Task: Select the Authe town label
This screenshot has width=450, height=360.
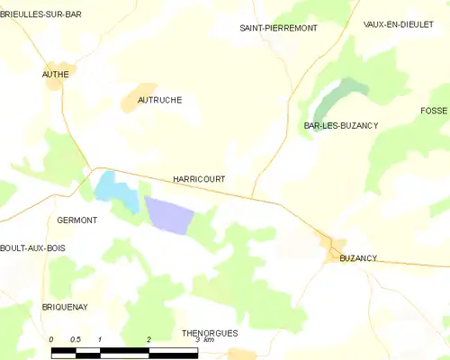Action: [56, 75]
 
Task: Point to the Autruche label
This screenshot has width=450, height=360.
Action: [159, 100]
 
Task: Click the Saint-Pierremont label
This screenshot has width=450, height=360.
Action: [278, 28]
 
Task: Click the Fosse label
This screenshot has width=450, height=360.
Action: [434, 110]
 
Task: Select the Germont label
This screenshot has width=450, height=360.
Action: [76, 220]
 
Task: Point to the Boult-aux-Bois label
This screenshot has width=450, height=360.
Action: [33, 247]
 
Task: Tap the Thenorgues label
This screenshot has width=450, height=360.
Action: [210, 332]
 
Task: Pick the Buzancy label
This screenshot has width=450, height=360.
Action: [358, 258]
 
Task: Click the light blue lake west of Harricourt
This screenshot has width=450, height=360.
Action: [112, 187]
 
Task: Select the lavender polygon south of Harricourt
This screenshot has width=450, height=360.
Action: [171, 215]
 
